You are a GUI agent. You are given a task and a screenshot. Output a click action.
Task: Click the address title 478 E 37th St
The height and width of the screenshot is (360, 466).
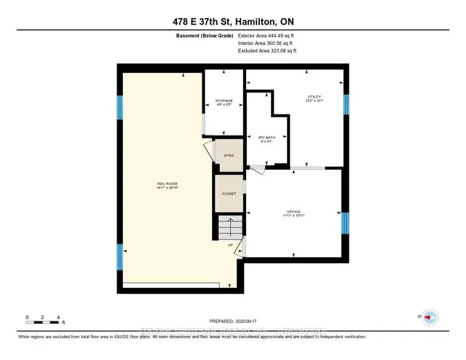click(232, 22)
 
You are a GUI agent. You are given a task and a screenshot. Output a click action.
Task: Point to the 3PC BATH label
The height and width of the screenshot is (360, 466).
click(266, 138)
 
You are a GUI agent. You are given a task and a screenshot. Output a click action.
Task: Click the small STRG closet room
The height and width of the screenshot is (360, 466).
click(229, 156)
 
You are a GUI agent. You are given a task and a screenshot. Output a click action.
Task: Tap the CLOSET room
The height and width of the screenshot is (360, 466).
click(229, 194)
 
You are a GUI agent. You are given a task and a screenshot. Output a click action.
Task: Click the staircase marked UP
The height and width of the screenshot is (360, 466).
click(229, 231)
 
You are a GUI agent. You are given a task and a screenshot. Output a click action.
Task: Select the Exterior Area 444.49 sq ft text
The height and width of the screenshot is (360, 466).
click(267, 36)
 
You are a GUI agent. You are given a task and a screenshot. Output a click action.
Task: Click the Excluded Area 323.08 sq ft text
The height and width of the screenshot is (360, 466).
click(267, 51)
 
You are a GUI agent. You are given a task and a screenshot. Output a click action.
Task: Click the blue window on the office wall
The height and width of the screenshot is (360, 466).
click(345, 222)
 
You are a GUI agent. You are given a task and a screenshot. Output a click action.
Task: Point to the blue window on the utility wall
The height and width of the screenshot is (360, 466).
click(345, 105)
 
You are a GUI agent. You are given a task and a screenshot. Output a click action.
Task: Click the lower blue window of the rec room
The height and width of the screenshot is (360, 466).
click(119, 257)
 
